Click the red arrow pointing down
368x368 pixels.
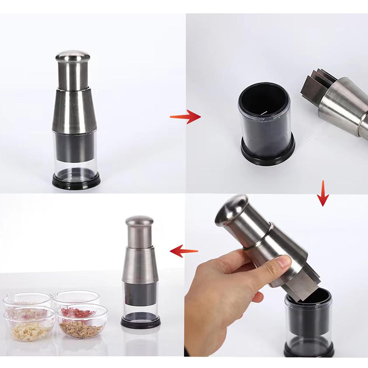[323, 194]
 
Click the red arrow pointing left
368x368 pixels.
[184, 252]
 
